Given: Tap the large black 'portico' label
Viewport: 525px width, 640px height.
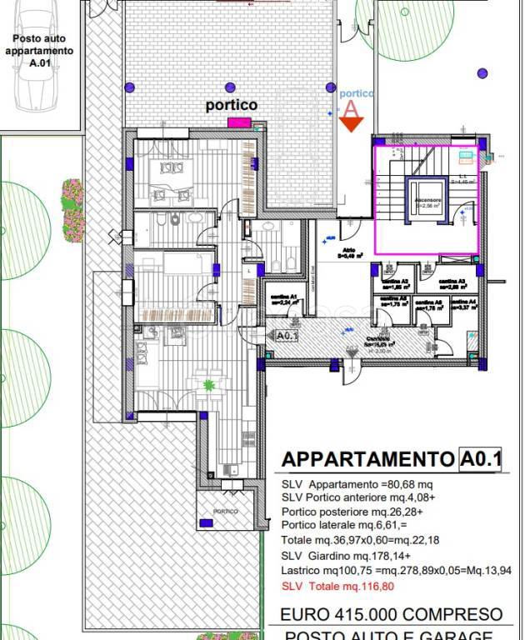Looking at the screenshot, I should click(x=232, y=106).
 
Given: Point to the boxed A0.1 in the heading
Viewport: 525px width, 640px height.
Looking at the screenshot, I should click(x=479, y=459).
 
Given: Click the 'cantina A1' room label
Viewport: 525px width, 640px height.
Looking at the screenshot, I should click(x=283, y=299).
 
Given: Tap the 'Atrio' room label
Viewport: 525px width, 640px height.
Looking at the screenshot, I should click(x=347, y=253).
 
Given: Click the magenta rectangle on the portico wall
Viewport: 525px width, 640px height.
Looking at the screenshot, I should click(x=240, y=122).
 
